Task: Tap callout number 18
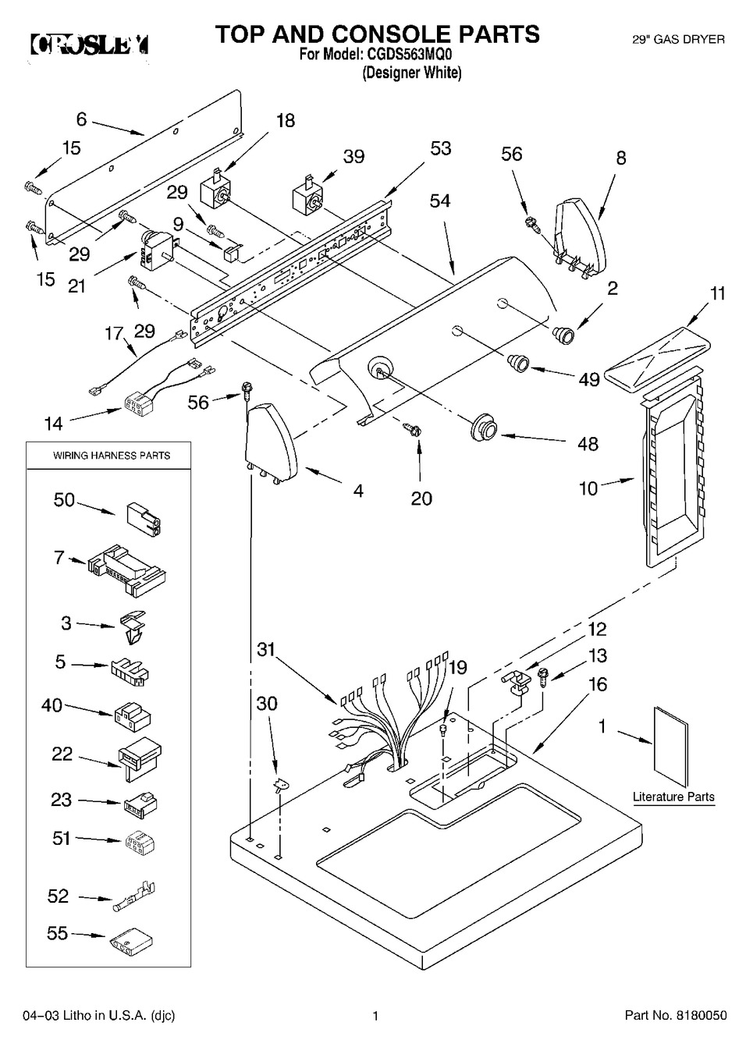286,120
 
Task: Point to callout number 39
353,156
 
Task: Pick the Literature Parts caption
673,797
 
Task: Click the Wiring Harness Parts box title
111,455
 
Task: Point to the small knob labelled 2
563,335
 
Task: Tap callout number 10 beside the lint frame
588,488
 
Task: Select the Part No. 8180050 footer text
676,1015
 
